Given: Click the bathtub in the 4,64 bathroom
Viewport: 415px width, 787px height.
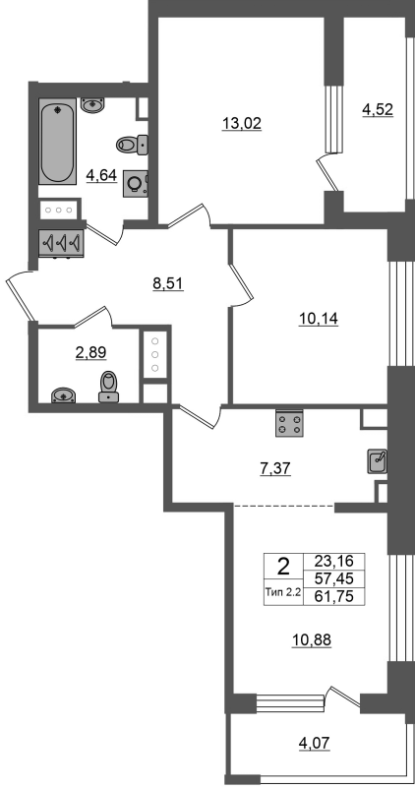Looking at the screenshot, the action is [58, 141].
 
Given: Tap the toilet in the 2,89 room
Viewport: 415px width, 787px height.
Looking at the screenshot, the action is [108, 386].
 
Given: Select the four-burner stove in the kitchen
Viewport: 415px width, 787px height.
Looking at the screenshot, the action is [289, 423].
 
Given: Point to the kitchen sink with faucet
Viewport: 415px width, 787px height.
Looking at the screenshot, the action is [377, 461].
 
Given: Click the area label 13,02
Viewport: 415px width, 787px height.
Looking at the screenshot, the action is [242, 123].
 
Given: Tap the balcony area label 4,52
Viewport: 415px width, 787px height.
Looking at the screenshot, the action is [377, 109].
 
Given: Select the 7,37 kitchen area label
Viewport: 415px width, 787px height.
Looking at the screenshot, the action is [274, 469].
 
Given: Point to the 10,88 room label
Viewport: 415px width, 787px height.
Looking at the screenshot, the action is [312, 640].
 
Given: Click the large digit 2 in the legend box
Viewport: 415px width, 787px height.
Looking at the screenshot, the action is [283, 568].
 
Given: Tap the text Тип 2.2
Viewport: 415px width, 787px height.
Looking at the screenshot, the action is [282, 592].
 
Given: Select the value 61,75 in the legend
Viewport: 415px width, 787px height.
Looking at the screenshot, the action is [333, 596].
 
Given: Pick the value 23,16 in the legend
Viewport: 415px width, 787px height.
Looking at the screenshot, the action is [333, 560].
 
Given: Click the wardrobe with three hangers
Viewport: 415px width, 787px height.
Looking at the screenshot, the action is [62, 243].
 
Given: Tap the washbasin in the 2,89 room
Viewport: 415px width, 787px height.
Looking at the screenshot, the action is [64, 394].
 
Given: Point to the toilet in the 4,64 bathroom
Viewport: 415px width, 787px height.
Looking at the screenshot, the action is [132, 145].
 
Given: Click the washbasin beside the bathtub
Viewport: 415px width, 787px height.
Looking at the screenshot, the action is [91, 105].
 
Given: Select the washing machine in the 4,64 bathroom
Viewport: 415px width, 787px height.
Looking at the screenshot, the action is [136, 184].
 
